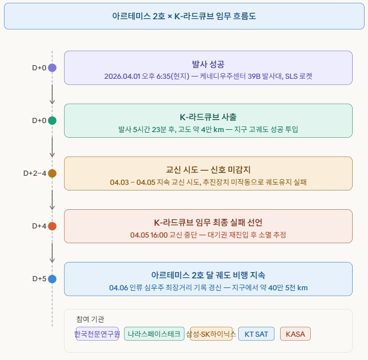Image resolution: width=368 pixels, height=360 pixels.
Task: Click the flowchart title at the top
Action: pos(184,16)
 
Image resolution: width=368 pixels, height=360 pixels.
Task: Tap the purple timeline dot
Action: pos(52,68)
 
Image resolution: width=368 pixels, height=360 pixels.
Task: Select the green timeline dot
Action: pos(52,121)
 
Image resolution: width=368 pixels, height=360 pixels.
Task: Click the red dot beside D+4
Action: pos(52,226)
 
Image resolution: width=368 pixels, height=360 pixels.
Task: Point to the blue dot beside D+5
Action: pos(52,279)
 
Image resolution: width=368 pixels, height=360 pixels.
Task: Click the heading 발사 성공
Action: pos(208,64)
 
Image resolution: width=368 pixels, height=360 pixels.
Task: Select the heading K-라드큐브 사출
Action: pos(208,117)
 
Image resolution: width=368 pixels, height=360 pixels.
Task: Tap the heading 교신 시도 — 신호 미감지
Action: pos(208,170)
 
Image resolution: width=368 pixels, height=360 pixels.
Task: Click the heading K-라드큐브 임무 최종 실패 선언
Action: pos(208,222)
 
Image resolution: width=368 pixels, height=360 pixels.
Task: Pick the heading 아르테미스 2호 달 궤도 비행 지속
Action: pos(208,275)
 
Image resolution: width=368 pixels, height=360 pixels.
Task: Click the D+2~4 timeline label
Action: pos(35,173)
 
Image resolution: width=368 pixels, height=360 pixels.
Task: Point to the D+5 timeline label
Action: pos(39,279)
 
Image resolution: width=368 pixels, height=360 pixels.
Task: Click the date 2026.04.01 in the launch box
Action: pos(122,76)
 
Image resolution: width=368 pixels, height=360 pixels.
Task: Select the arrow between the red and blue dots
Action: pos(52,252)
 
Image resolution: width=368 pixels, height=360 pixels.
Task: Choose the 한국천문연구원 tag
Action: pos(97,334)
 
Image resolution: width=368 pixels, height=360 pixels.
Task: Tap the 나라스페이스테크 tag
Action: pos(154,334)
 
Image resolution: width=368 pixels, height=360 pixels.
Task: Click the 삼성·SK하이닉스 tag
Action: pos(211,334)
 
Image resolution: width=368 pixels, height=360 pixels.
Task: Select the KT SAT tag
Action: pos(256,334)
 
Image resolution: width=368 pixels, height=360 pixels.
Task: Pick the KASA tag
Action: pos(295,334)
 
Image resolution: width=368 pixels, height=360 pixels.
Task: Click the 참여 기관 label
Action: pos(90,319)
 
